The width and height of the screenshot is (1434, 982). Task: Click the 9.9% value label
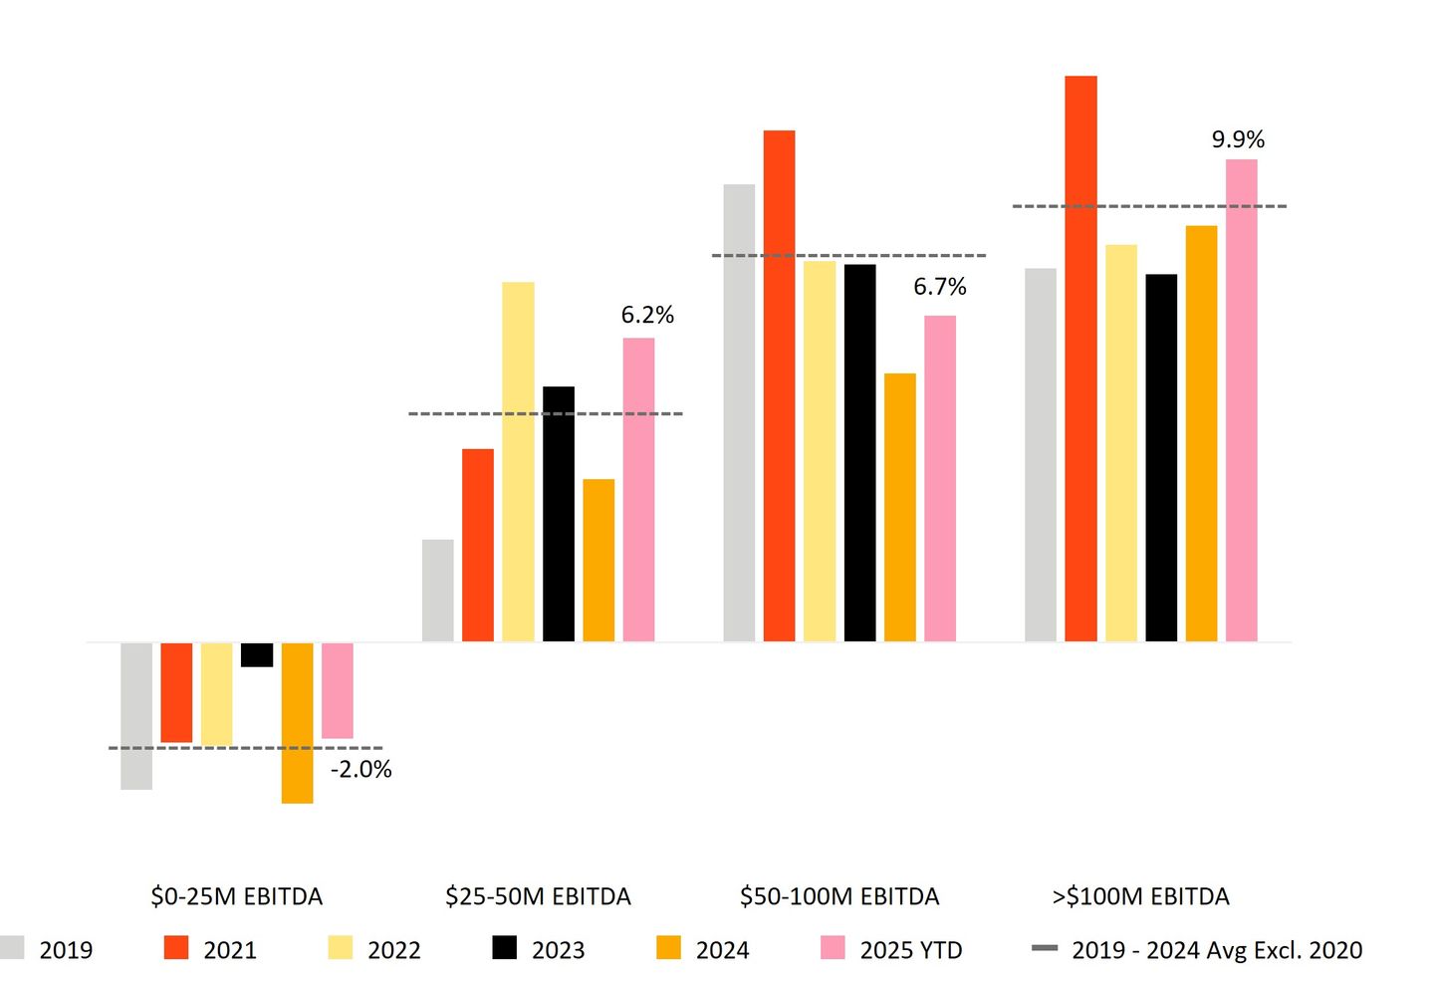(x=1238, y=139)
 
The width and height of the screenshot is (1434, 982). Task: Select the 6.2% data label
(x=647, y=315)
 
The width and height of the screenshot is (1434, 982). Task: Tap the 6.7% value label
(x=940, y=287)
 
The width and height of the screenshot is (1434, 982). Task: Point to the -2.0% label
(x=360, y=769)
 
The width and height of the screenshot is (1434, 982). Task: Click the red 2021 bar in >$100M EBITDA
(x=1080, y=359)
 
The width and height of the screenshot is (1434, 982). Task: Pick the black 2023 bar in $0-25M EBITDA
(x=257, y=654)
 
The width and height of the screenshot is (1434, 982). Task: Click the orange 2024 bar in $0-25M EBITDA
(x=297, y=722)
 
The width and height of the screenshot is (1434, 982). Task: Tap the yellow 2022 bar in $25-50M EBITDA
(x=518, y=461)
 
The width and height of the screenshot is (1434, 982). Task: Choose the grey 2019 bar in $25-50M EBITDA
(x=438, y=591)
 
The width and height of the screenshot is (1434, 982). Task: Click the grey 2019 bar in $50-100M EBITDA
(x=739, y=412)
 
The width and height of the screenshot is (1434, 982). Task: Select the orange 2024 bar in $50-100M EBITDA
(x=899, y=507)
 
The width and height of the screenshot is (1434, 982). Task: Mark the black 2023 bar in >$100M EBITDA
(x=1161, y=457)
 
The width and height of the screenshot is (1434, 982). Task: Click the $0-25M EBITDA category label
(x=236, y=896)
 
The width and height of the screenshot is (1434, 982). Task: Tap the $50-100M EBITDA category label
(x=839, y=896)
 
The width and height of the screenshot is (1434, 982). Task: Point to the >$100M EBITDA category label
(x=1140, y=896)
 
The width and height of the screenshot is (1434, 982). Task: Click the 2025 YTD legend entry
(x=891, y=949)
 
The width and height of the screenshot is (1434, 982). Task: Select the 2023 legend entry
(x=538, y=949)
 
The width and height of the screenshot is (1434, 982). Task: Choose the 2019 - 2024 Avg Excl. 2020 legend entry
(x=1196, y=949)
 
